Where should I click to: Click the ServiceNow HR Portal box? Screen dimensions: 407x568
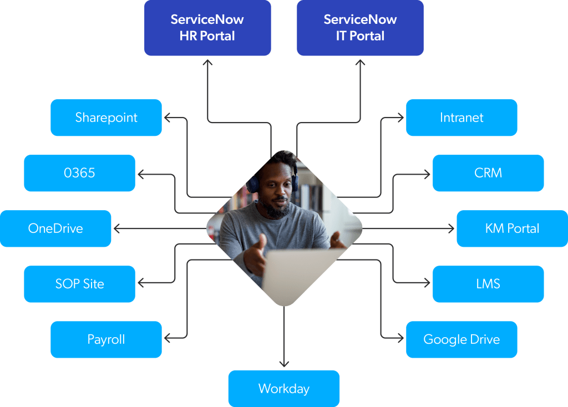[207, 28]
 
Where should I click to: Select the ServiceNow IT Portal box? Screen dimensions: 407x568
[360, 28]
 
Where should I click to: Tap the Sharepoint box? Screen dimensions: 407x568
[106, 118]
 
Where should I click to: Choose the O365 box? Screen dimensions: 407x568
[79, 173]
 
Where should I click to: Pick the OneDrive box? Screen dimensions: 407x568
[55, 228]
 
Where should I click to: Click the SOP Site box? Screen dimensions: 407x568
[79, 284]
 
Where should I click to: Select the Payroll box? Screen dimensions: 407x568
[106, 339]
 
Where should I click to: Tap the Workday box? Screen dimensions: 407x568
[283, 389]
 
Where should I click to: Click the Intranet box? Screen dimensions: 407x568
[461, 118]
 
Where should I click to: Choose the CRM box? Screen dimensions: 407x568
[488, 173]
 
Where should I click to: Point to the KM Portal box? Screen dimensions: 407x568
[512, 228]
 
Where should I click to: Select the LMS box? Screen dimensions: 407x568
[488, 284]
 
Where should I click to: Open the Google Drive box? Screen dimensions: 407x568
[461, 339]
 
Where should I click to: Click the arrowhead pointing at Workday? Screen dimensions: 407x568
[284, 364]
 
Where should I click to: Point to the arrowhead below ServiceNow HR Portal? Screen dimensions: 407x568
[207, 63]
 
